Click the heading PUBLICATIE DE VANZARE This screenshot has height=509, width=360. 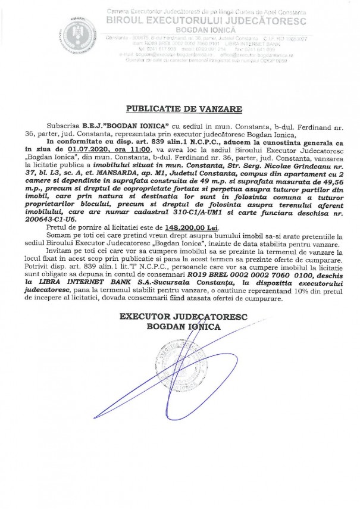pyautogui.click(x=180, y=109)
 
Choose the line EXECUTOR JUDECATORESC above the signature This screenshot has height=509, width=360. pyautogui.click(x=179, y=317)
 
